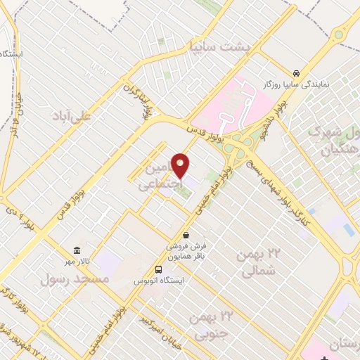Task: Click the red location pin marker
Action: click(x=181, y=166)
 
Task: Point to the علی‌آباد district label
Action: click(x=72, y=116)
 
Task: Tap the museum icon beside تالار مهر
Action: click(x=76, y=251)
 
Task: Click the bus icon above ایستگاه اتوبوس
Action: click(x=160, y=269)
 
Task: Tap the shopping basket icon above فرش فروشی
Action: click(x=186, y=234)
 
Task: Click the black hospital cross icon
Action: click(x=324, y=357)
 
